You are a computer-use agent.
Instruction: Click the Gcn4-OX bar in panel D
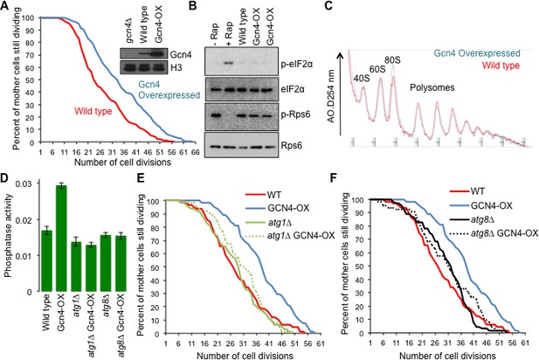(61, 239)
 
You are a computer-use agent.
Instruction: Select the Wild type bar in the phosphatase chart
(47, 261)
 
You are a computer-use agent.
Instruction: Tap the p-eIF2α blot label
(297, 64)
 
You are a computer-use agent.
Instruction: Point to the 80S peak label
(392, 59)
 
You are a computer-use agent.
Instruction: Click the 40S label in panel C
(362, 79)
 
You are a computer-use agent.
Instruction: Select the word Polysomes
(432, 87)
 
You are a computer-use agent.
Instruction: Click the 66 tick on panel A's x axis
(196, 152)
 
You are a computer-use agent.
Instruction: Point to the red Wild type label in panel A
(93, 111)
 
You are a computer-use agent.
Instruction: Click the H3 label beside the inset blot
(176, 67)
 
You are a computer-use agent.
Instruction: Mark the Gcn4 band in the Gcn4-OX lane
(158, 54)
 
